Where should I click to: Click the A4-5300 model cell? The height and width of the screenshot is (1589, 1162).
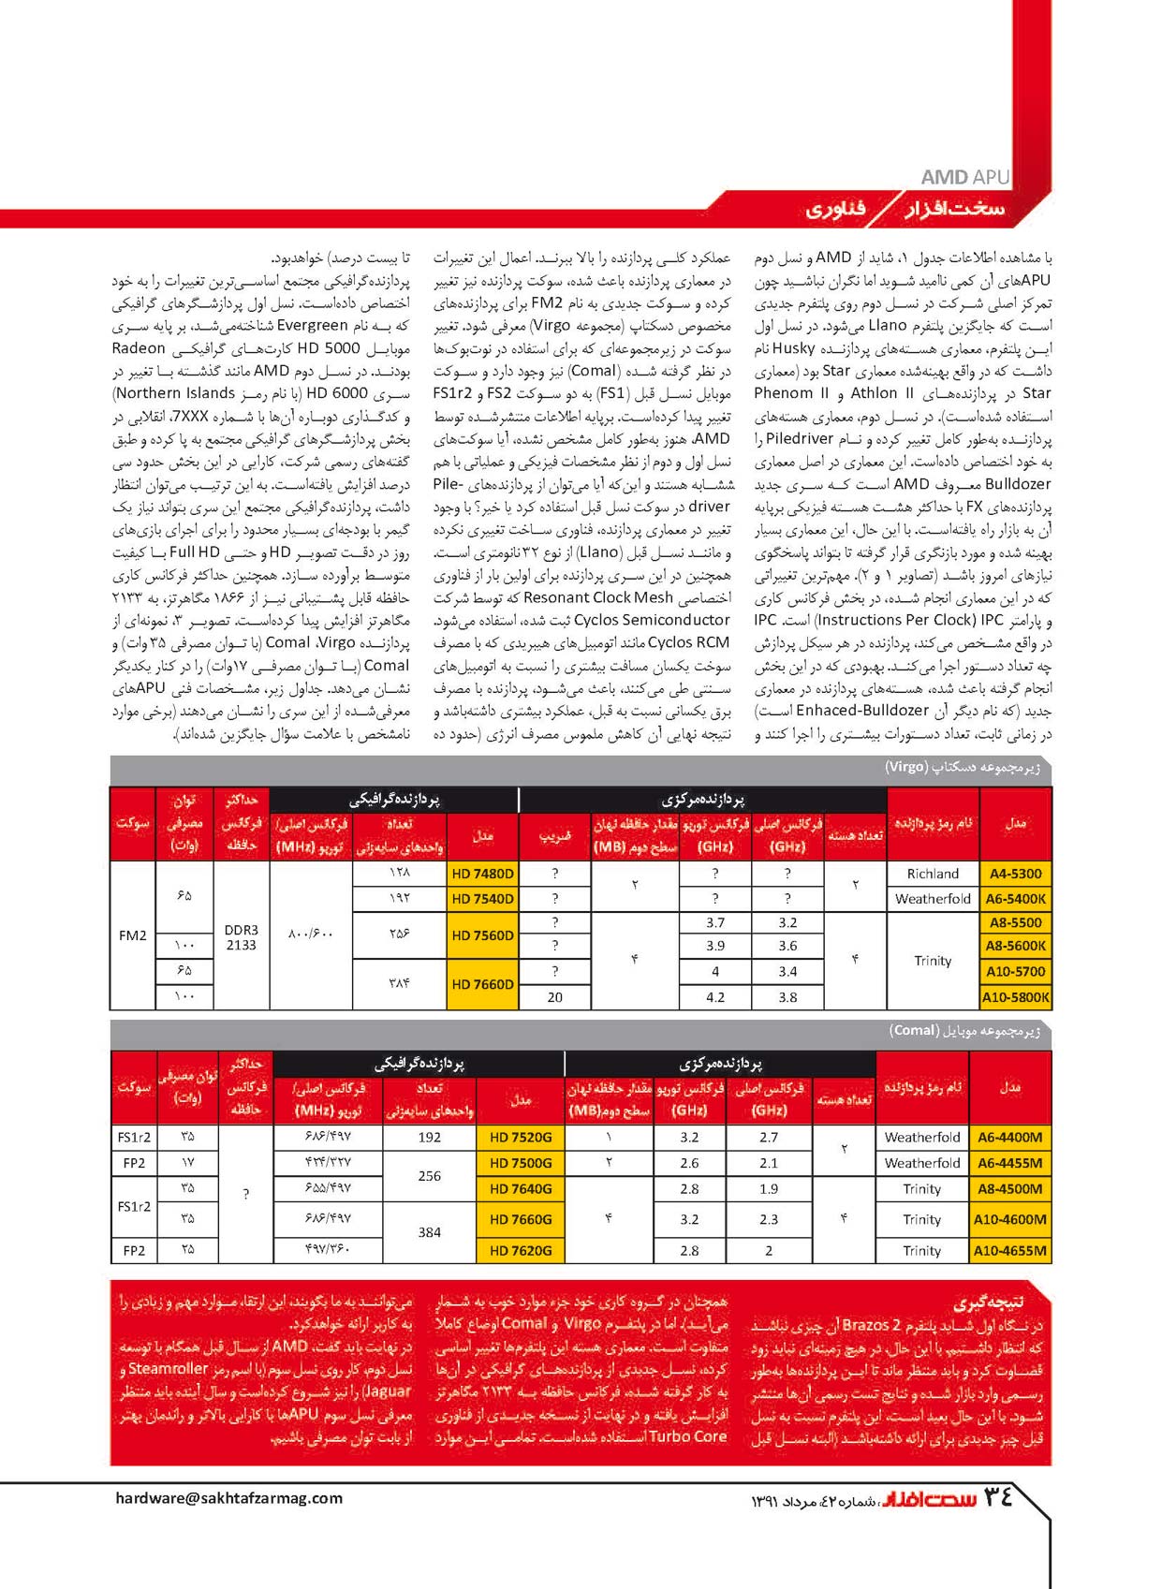[x=1015, y=874]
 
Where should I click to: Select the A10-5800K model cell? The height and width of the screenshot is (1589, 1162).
[x=1015, y=997]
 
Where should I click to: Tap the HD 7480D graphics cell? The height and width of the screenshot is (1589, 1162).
[x=482, y=874]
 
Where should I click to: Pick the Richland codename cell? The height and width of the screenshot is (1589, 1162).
[x=933, y=874]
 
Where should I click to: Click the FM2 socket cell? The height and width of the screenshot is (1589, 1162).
[x=133, y=934]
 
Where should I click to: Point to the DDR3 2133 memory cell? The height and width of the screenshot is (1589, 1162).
[x=241, y=937]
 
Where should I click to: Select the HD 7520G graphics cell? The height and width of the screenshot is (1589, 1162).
[x=521, y=1137]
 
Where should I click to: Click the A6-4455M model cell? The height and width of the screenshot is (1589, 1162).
[x=1009, y=1163]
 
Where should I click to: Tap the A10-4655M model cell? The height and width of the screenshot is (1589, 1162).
[x=1009, y=1250]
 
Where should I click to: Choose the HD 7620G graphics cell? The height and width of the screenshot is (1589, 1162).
[x=521, y=1250]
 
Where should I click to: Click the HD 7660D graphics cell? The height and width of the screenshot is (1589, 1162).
[x=482, y=984]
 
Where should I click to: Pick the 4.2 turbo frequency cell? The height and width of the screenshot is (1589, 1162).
[x=715, y=997]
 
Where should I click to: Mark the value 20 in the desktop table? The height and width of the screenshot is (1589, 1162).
[x=555, y=997]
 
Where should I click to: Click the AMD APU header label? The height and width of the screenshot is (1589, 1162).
[x=964, y=177]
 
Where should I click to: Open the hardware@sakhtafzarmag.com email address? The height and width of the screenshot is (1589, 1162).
[x=229, y=1497]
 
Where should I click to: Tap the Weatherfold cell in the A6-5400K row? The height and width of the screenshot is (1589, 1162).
[x=933, y=899]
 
